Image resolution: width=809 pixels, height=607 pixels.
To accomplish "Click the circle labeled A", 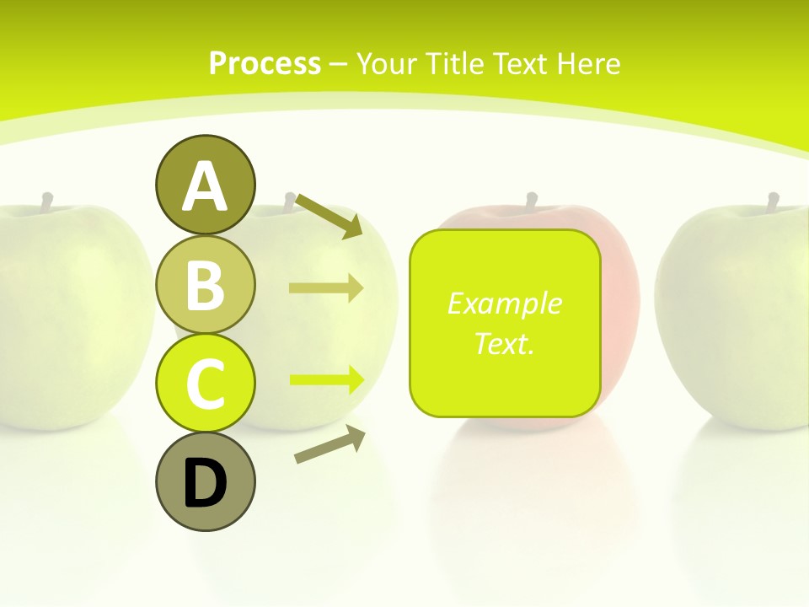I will [x=205, y=185].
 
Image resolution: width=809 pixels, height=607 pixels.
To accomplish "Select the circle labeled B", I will [x=205, y=284].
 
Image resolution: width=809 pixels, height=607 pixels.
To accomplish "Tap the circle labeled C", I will [x=205, y=383].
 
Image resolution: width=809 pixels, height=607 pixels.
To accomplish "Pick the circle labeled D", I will [x=205, y=481].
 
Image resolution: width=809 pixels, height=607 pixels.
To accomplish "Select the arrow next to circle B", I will [x=326, y=288].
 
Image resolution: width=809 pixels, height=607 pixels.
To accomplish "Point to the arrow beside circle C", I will [x=326, y=379].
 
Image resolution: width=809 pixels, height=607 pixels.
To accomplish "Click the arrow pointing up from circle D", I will [x=329, y=445].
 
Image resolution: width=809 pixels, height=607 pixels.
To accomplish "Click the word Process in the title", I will [x=265, y=63].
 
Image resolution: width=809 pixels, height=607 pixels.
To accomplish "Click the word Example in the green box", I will [x=504, y=303].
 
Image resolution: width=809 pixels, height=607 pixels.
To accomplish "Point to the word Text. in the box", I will [x=504, y=343].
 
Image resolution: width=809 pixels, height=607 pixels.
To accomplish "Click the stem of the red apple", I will [x=532, y=201].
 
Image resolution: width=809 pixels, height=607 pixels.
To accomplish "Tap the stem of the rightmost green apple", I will [x=773, y=201].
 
